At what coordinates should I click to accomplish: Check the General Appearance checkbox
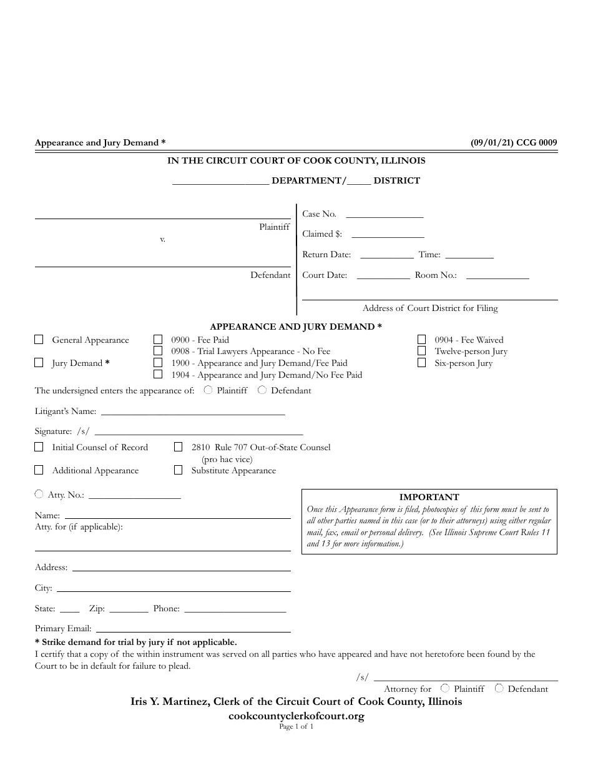pyautogui.click(x=39, y=340)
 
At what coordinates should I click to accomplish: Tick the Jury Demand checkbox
pyautogui.click(x=39, y=363)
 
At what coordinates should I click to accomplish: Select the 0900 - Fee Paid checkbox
pyautogui.click(x=158, y=340)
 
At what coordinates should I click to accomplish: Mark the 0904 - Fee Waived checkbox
pyautogui.click(x=422, y=340)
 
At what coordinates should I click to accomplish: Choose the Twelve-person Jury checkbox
pyautogui.click(x=422, y=351)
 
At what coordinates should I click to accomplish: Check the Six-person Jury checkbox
pyautogui.click(x=422, y=363)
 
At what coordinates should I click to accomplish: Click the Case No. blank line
pyautogui.click(x=385, y=214)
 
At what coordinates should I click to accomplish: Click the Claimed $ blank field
pyautogui.click(x=388, y=234)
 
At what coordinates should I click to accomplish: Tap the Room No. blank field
pyautogui.click(x=497, y=275)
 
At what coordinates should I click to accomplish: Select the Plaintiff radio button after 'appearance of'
pyautogui.click(x=208, y=390)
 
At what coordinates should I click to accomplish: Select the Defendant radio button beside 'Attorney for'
pyautogui.click(x=499, y=688)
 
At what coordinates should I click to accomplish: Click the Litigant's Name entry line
pyautogui.click(x=193, y=411)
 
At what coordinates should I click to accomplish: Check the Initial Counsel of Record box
pyautogui.click(x=39, y=447)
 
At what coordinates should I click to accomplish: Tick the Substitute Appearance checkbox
pyautogui.click(x=178, y=470)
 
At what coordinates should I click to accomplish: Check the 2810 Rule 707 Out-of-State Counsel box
pyautogui.click(x=178, y=447)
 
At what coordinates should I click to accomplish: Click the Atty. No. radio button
pyautogui.click(x=39, y=494)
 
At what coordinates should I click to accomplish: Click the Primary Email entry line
pyautogui.click(x=193, y=629)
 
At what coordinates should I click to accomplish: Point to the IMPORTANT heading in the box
pyautogui.click(x=429, y=497)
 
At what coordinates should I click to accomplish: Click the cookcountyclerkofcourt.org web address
pyautogui.click(x=296, y=716)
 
